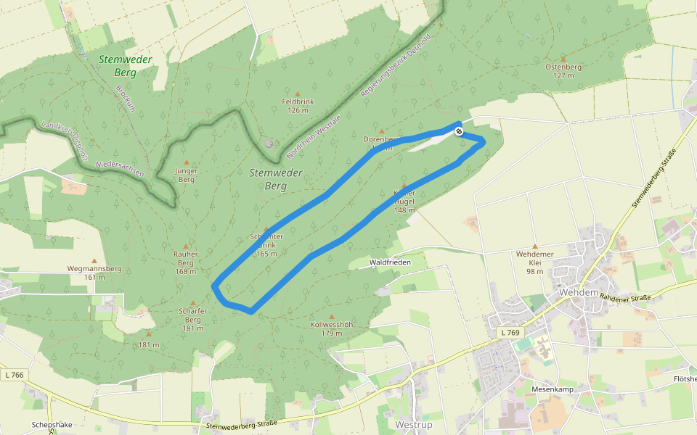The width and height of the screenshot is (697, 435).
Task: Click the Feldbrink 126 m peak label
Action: point(297,106)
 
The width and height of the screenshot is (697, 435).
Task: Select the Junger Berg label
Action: point(187,175)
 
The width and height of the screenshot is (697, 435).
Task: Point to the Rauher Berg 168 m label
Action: point(186,262)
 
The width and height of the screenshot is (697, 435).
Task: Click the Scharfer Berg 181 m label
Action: point(192,319)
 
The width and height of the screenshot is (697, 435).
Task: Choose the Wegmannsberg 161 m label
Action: point(94,273)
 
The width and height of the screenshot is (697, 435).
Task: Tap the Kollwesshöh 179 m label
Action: point(331,328)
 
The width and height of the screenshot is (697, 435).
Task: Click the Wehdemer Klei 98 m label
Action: point(535,262)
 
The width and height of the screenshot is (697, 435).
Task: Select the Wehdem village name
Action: point(579,292)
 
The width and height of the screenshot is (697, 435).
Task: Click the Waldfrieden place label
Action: point(390,262)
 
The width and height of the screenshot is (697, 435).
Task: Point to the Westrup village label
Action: point(414,423)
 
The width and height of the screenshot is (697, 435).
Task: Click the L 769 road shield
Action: point(511,332)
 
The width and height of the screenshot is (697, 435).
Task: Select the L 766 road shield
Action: point(13,375)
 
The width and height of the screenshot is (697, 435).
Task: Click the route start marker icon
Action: point(459,131)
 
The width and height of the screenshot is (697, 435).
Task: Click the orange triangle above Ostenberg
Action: point(563,57)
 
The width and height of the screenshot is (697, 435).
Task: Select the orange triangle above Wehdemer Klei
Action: point(535,246)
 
